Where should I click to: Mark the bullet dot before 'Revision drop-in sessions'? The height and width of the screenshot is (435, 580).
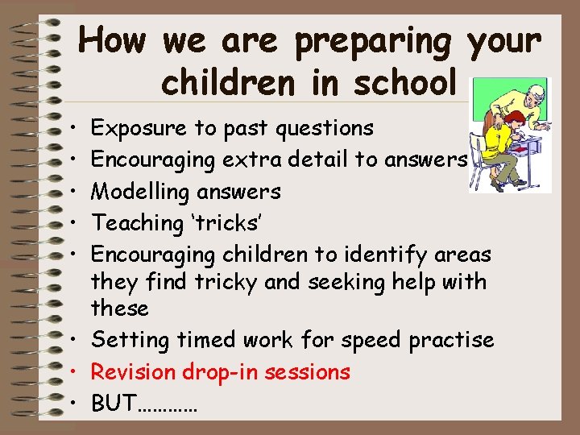click(x=72, y=372)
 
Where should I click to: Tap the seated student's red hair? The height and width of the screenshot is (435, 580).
click(x=513, y=119)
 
